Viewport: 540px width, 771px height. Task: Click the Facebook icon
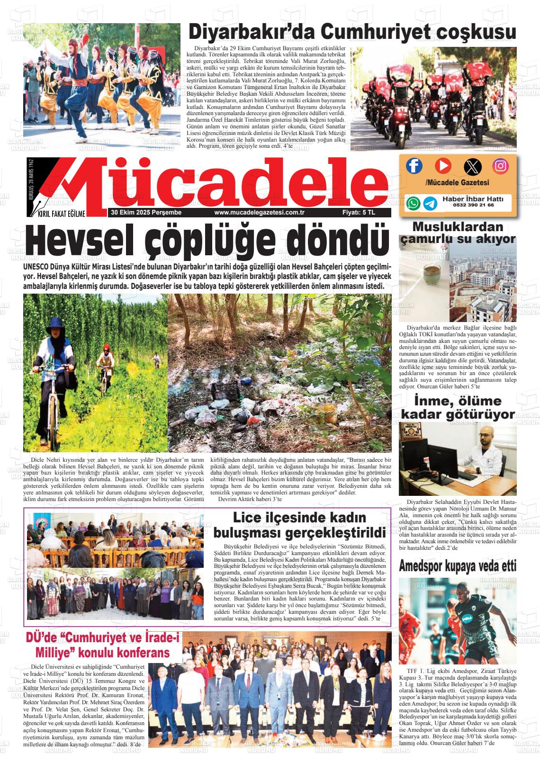click(414, 166)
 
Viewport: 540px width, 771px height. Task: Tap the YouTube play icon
click(443, 165)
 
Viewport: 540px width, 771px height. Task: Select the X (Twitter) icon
click(472, 166)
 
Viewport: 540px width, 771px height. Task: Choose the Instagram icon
click(500, 166)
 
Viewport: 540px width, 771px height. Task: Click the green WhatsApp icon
click(413, 203)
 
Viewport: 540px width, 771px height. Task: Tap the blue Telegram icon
click(430, 203)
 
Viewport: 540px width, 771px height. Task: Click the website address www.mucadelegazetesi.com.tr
click(259, 213)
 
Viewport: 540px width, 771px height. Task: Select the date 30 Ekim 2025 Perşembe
click(146, 213)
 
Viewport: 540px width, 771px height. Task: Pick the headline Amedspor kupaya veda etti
click(458, 565)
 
